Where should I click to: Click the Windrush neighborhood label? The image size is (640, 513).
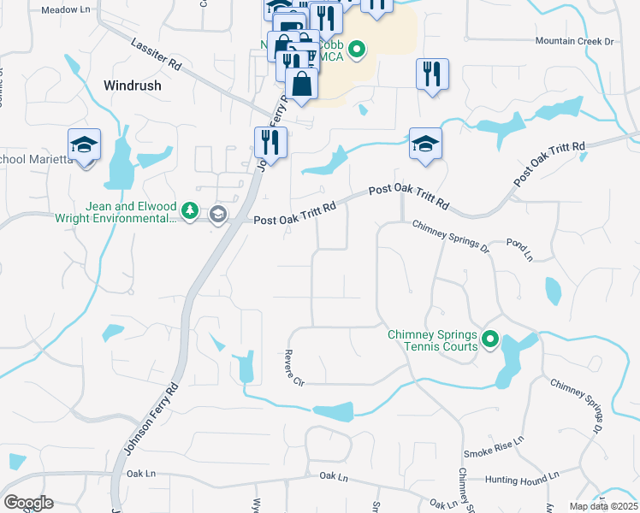pyautogui.click(x=133, y=85)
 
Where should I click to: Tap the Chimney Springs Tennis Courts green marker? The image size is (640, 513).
pyautogui.click(x=490, y=340)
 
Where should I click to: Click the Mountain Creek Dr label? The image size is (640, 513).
pyautogui.click(x=575, y=41)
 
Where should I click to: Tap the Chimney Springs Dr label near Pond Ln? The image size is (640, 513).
pyautogui.click(x=450, y=237)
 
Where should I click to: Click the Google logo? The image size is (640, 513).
pyautogui.click(x=28, y=503)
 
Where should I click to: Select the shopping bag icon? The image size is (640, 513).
pyautogui.click(x=301, y=84)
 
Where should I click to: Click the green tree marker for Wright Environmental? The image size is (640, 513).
pyautogui.click(x=190, y=211)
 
